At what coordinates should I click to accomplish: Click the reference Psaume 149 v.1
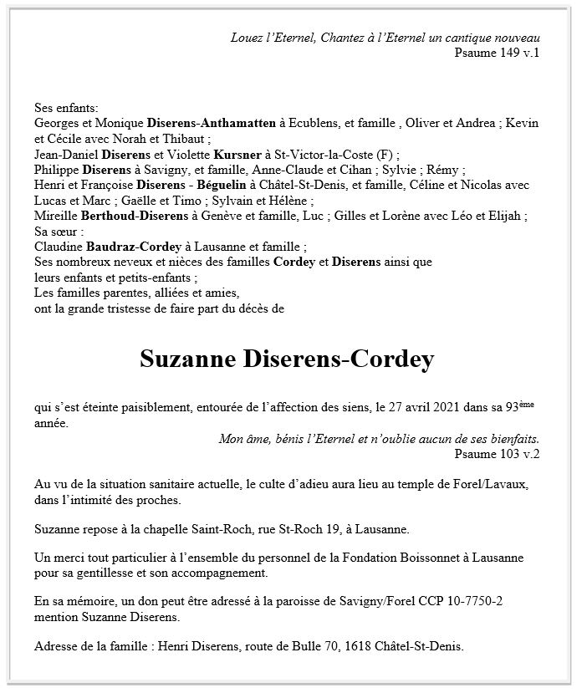498,54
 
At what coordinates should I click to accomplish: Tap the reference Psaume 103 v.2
498,454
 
